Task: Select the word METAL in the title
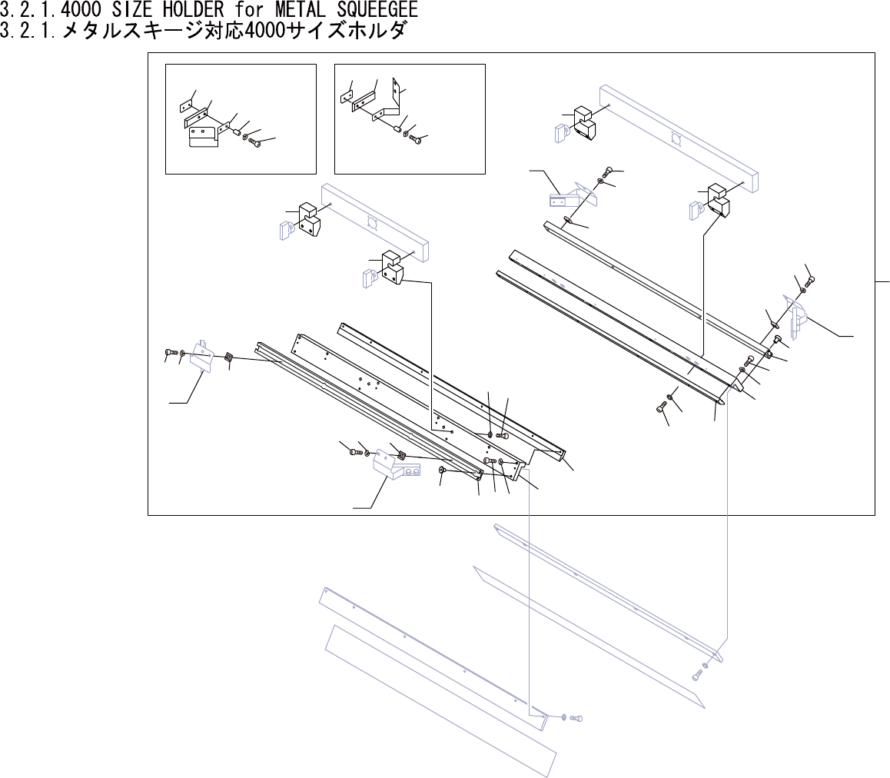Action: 302,12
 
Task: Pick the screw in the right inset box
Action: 416,140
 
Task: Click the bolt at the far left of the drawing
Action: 171,353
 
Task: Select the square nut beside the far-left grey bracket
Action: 228,357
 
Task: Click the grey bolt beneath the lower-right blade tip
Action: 697,674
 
